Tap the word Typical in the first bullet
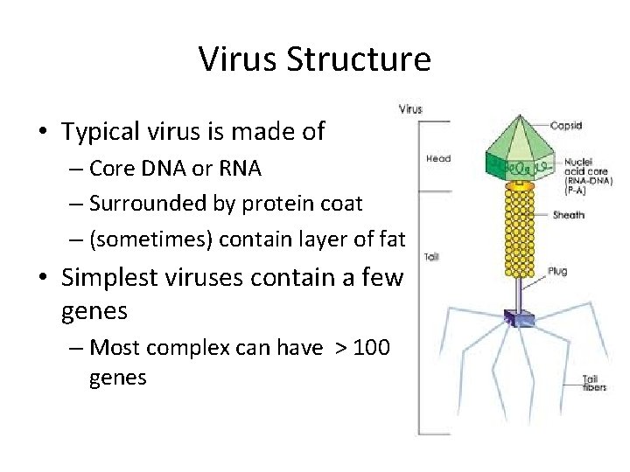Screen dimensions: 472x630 pos(99,131)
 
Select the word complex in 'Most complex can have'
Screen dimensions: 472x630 pos(181,347)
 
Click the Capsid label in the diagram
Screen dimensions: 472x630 pos(567,126)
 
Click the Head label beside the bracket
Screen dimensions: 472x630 pos(438,158)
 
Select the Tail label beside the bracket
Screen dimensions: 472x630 pos(432,257)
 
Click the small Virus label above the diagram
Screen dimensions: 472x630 pos(410,109)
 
